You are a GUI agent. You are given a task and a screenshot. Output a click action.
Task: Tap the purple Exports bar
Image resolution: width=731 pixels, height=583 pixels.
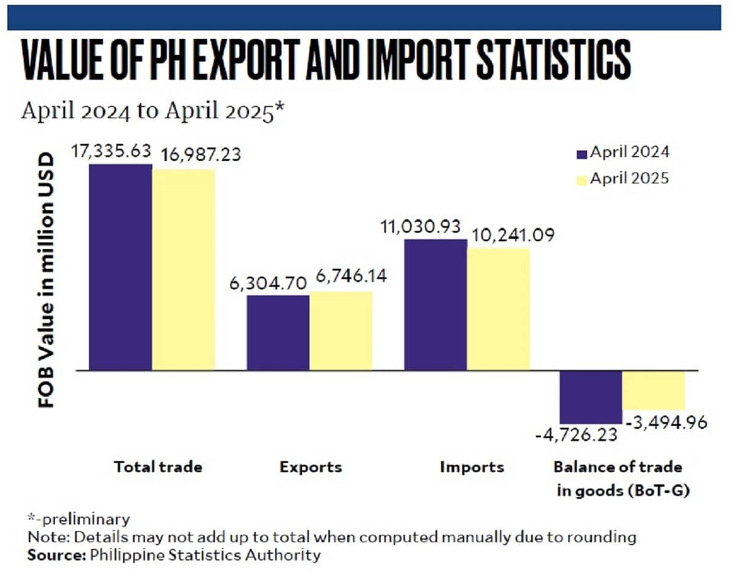coord(278,333)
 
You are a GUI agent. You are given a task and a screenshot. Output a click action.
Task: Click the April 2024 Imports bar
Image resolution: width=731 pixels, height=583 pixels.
coord(436,305)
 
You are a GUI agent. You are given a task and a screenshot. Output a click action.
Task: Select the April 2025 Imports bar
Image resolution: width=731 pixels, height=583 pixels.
coord(498,309)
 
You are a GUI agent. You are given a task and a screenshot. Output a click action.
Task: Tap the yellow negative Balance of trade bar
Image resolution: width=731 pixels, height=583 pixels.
coord(654,390)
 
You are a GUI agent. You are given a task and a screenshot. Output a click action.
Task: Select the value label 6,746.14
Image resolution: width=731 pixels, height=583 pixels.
coord(347,278)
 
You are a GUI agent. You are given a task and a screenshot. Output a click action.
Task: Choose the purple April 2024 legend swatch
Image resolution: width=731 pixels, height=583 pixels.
coord(581,154)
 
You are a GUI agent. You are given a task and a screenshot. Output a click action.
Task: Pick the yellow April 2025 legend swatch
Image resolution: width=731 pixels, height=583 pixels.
coord(581,180)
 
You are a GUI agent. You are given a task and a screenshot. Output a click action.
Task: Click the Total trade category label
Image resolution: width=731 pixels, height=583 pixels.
coord(158,467)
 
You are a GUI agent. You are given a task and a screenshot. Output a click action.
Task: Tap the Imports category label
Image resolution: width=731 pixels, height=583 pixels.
coord(472,467)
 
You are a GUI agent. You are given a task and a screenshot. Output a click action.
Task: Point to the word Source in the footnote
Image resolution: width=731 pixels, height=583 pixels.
coord(49,555)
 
